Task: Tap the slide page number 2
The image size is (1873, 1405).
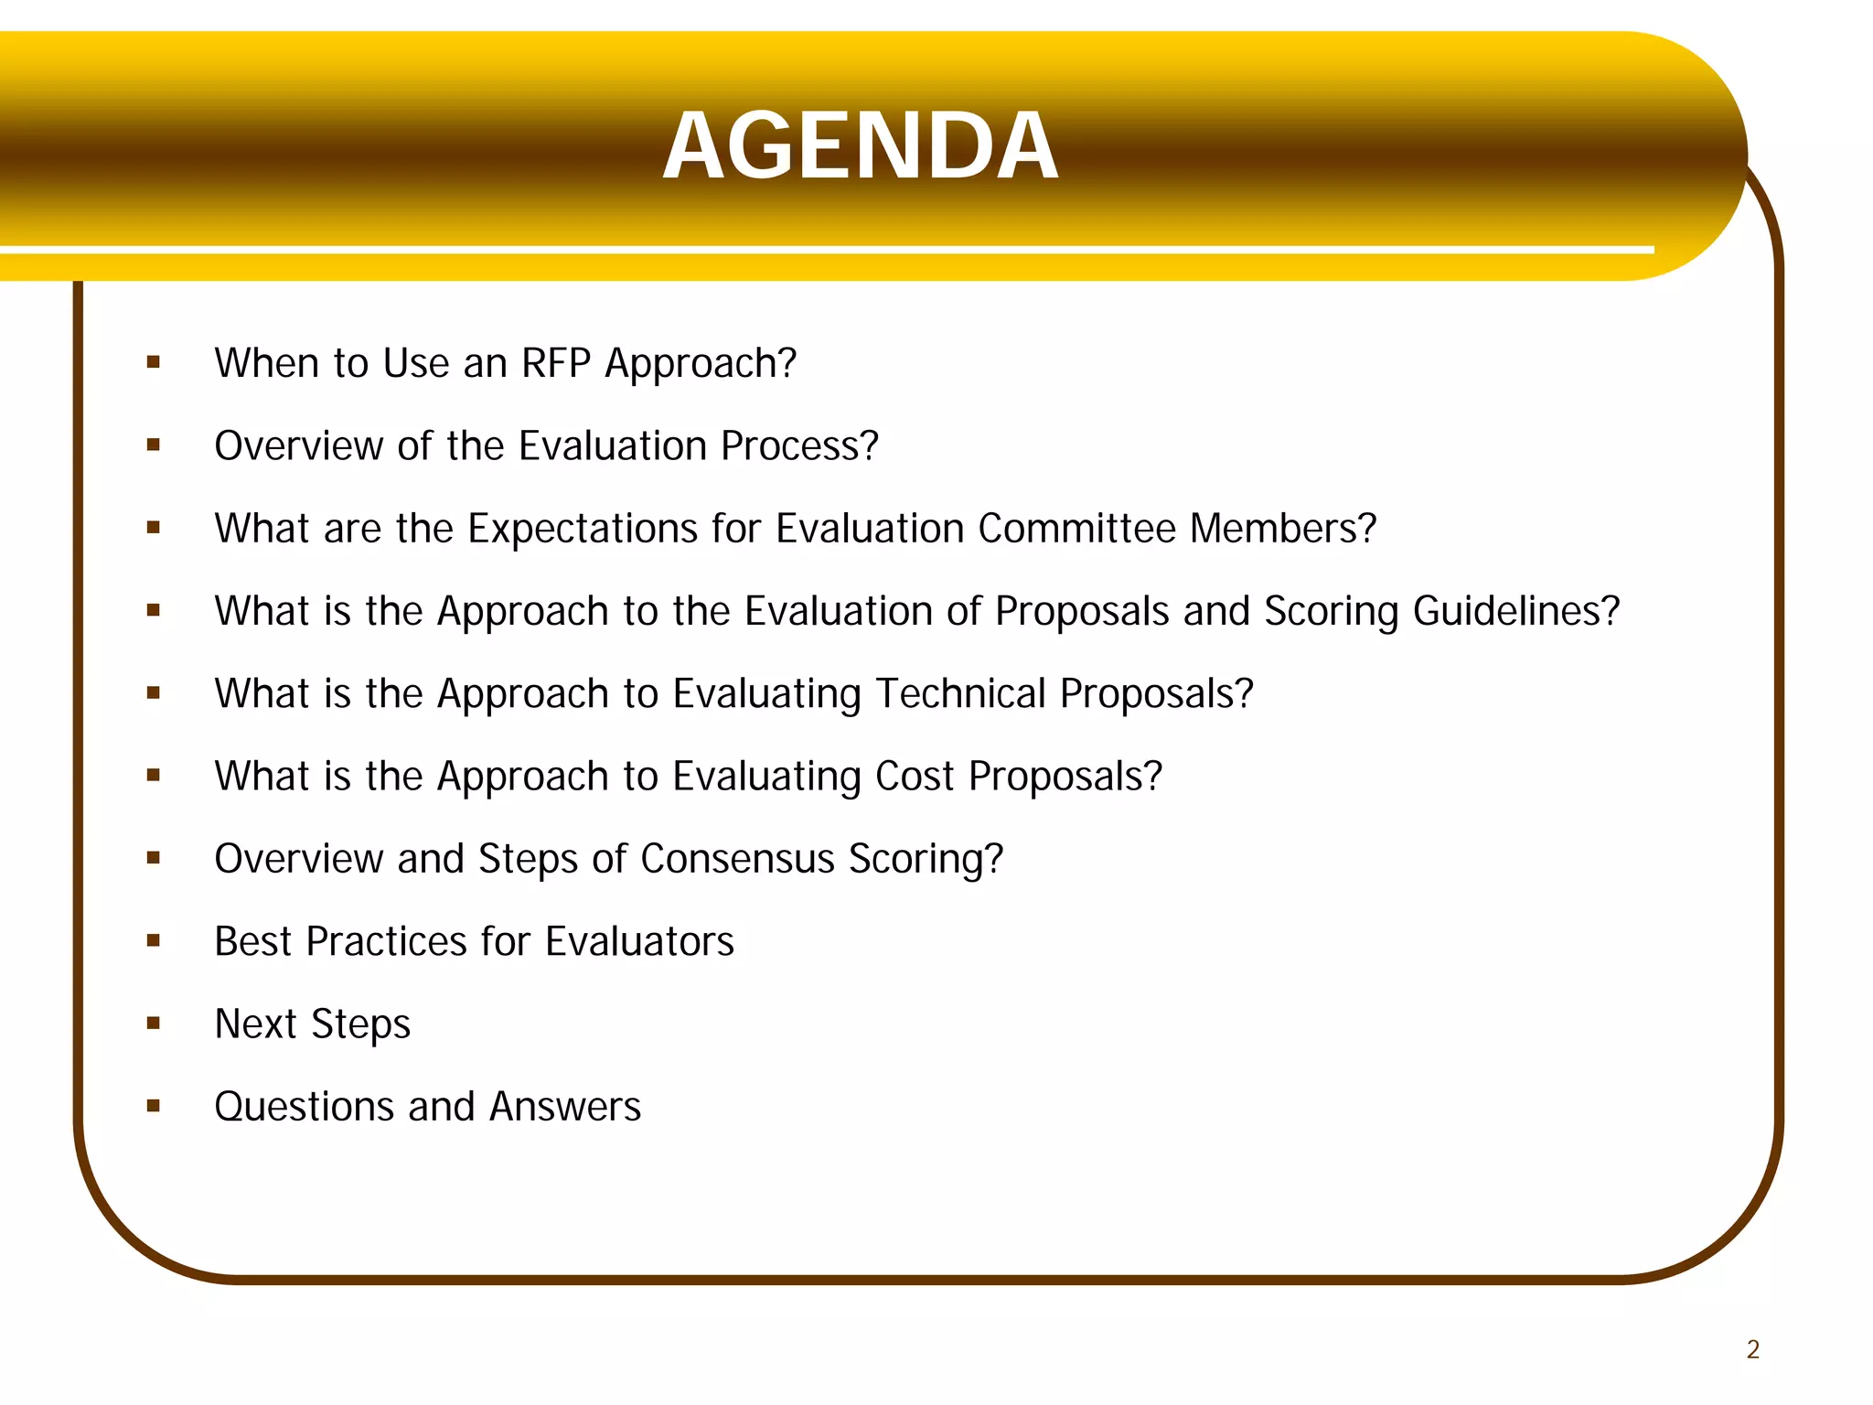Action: (1752, 1349)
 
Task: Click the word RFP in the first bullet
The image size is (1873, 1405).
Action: (555, 363)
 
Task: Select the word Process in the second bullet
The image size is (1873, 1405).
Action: (798, 446)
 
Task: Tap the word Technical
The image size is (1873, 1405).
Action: (960, 693)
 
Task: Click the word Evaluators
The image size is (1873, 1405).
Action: (639, 941)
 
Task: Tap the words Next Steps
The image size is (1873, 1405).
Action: (312, 1024)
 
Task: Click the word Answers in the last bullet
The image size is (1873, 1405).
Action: (564, 1107)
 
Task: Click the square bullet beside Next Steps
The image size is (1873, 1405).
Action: (153, 1023)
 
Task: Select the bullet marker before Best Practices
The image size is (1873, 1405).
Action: (153, 940)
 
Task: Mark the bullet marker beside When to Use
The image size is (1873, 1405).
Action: (153, 362)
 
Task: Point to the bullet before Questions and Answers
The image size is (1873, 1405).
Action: (153, 1106)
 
